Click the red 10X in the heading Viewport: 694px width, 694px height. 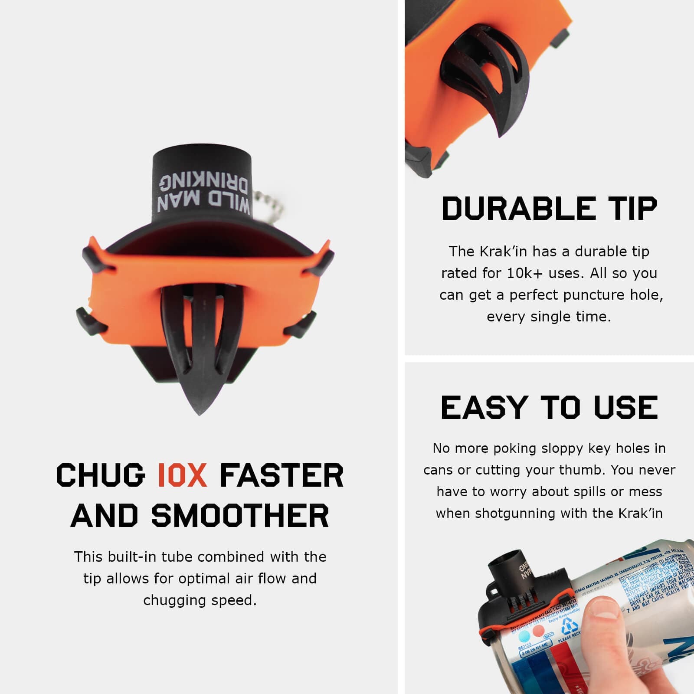pos(182,475)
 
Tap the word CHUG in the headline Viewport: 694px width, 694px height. pos(101,475)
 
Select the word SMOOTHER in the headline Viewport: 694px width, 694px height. pos(240,516)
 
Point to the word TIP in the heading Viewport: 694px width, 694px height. pos(631,209)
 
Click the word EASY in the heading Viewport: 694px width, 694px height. pos(484,408)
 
